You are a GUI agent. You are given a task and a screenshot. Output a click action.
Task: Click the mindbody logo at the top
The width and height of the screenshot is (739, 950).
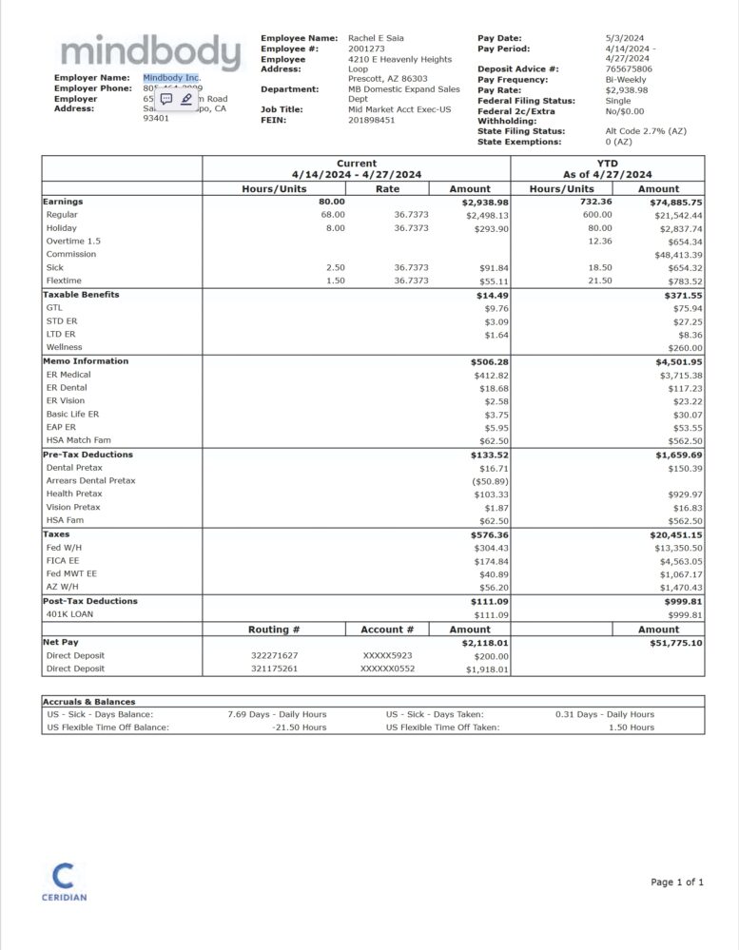point(149,52)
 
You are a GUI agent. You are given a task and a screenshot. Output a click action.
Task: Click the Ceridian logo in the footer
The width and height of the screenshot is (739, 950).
point(64,881)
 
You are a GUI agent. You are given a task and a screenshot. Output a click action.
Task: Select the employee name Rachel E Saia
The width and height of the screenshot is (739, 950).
point(376,38)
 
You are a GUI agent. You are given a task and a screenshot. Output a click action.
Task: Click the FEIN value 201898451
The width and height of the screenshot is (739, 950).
point(372,121)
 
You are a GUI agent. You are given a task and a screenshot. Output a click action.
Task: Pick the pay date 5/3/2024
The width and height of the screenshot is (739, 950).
point(624,38)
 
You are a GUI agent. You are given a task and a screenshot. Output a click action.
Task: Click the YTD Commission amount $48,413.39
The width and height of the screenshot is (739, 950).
point(678,255)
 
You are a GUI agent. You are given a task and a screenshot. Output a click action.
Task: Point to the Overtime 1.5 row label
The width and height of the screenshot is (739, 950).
point(73,242)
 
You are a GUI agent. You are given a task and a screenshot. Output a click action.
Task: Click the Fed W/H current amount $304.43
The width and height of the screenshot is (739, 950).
point(490,548)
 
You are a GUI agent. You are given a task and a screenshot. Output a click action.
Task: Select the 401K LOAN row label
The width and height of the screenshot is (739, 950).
point(70,614)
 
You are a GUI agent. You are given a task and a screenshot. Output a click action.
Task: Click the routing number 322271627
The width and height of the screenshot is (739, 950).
point(274,656)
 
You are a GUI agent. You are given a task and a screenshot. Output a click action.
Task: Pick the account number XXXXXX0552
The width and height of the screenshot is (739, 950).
point(387,669)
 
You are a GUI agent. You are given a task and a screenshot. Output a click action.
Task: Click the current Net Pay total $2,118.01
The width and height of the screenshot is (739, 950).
point(485,643)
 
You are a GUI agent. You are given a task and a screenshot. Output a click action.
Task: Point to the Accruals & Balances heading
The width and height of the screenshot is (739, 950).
point(88,702)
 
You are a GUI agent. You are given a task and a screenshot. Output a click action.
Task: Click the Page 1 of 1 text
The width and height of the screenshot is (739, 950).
point(677,882)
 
